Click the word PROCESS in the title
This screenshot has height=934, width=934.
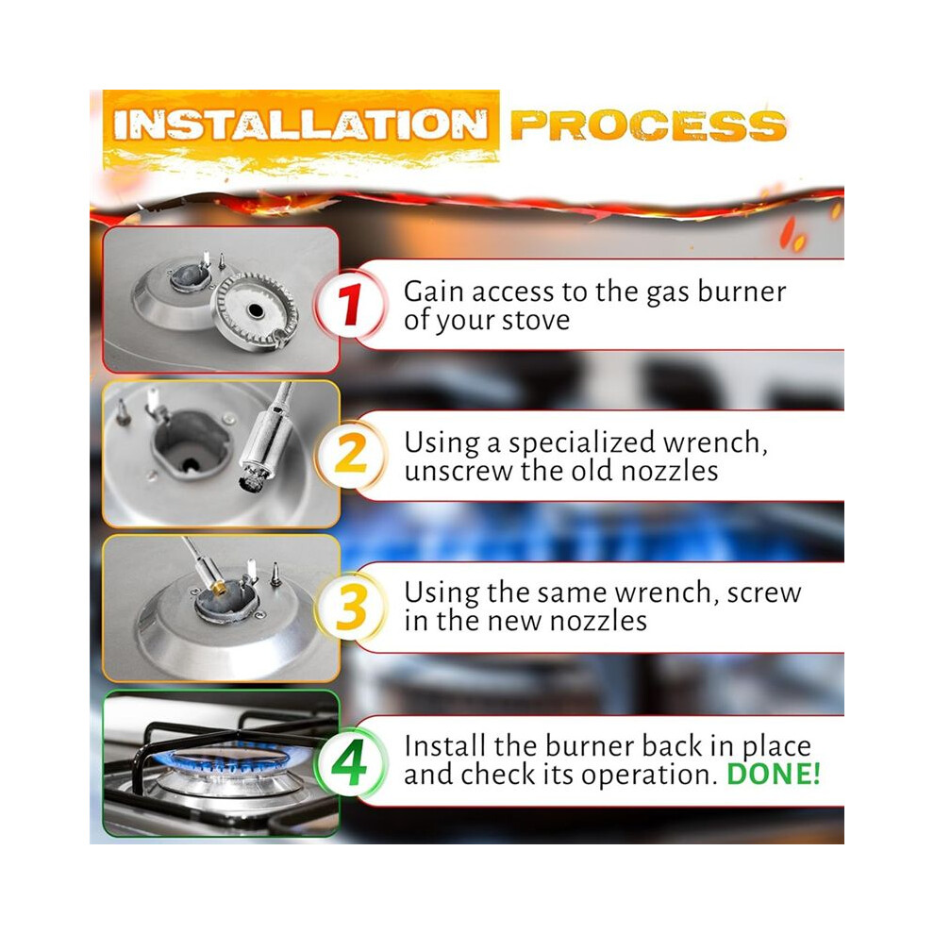coord(648,125)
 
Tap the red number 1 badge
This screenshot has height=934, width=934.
coord(350,305)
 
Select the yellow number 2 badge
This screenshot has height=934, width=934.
coord(350,455)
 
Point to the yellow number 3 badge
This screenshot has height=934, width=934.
coord(350,607)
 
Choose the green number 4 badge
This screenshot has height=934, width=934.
coord(350,762)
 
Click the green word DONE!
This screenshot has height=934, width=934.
coord(774,774)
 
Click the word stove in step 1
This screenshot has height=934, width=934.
coord(536,321)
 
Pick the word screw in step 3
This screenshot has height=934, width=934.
coord(763,593)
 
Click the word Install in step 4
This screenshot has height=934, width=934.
coord(444,745)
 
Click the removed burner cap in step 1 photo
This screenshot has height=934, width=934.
coord(255,309)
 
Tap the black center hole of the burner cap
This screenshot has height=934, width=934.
coord(255,310)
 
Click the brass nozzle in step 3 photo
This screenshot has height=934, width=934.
coord(219,589)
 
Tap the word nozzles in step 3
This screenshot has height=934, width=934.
coord(598,622)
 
